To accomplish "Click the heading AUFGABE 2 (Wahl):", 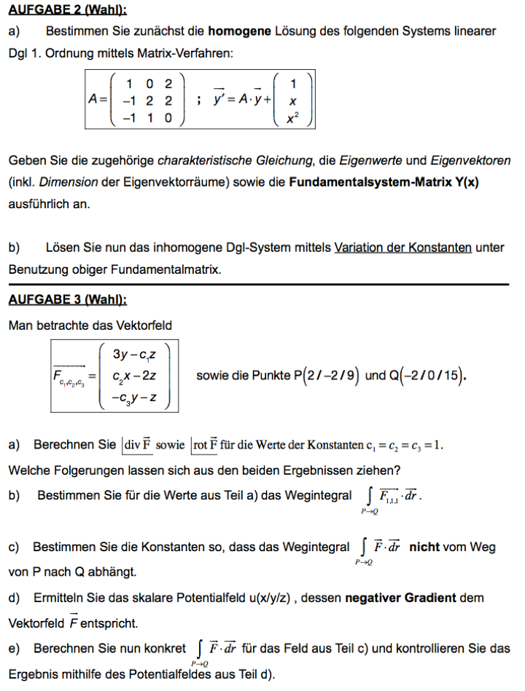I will point(67,9).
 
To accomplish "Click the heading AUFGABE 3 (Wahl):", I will point(67,300).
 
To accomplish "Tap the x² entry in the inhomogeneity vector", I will point(292,118).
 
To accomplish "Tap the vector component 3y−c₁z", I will point(136,355).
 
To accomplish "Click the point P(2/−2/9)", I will point(325,376).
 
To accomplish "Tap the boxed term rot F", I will point(205,443).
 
